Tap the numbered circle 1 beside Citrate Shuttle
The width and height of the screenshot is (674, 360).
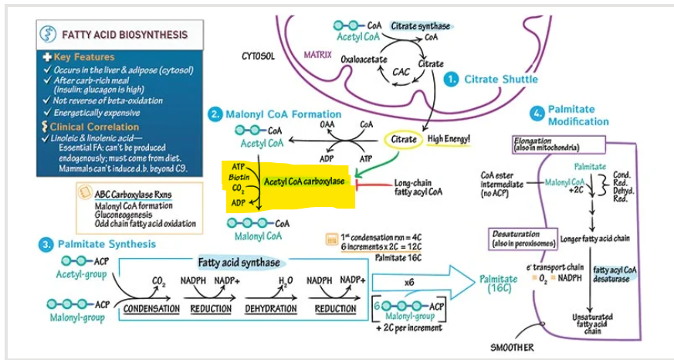point(452,80)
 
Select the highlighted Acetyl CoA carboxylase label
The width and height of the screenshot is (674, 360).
point(306,182)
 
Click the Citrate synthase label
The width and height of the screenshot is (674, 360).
point(421,25)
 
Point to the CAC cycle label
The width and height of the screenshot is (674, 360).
point(401,72)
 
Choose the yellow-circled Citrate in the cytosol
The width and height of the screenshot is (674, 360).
point(404,140)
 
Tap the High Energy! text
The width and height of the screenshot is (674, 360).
point(449,139)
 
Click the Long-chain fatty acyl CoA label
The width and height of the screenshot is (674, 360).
point(418,187)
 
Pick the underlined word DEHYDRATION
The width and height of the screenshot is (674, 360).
point(271,309)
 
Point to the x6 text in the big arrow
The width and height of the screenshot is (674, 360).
point(409,282)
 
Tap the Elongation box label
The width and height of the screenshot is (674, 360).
point(546,144)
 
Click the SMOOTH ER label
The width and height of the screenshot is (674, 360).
point(512,348)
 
